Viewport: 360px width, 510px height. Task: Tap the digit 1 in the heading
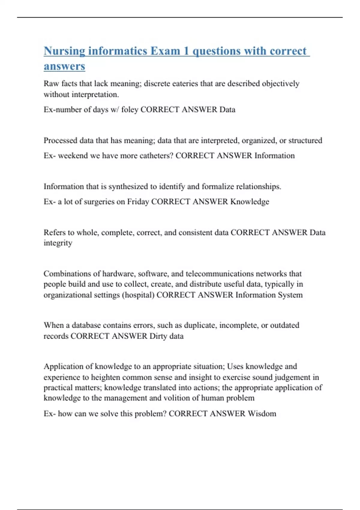pos(186,51)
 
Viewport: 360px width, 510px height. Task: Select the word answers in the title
pos(64,66)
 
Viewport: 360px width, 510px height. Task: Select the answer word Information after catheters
pos(274,156)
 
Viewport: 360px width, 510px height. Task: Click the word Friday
pos(138,202)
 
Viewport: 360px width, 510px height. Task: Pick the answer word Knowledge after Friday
pos(250,202)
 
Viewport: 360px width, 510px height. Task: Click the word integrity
pos(58,243)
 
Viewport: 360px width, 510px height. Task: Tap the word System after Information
pos(290,295)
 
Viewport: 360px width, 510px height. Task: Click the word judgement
pos(292,377)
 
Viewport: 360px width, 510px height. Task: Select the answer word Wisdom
pos(262,414)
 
